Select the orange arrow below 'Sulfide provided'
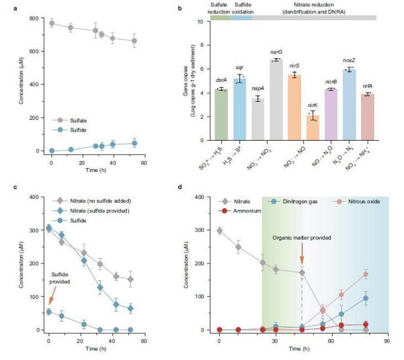pos(49,298)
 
